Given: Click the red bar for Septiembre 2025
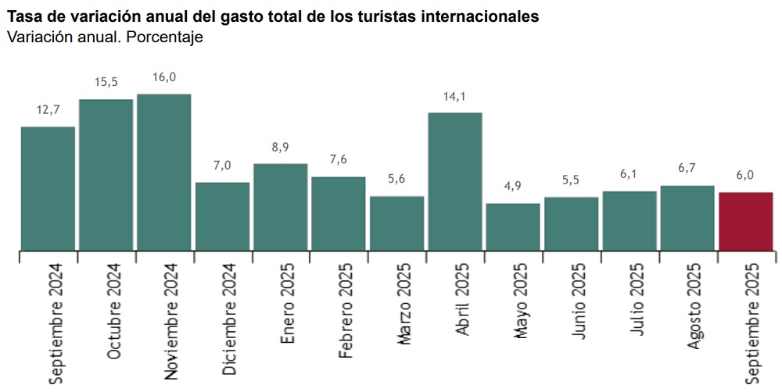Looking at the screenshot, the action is (x=745, y=222).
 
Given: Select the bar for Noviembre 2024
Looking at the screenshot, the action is (x=164, y=173).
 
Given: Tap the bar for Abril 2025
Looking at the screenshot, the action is (x=455, y=182).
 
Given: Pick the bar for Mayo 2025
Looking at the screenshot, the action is (x=513, y=227).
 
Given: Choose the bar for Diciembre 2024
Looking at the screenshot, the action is (x=222, y=216).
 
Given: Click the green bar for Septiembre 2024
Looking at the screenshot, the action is (x=48, y=189).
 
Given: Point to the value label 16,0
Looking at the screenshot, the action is (x=164, y=78).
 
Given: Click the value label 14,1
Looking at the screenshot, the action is (x=455, y=97).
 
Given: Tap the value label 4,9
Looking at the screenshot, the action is (x=513, y=187).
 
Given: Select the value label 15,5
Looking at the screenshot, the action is (x=106, y=83).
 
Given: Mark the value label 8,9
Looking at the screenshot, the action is (x=280, y=148).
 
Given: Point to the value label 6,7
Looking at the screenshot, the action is (x=687, y=169).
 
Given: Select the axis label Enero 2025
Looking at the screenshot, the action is (x=289, y=303).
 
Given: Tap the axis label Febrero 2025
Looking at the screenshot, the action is (x=346, y=310).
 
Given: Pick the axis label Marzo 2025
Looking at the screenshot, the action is (x=404, y=304).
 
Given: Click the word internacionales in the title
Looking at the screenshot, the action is (x=480, y=16).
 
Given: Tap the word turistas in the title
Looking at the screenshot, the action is (x=392, y=16).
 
